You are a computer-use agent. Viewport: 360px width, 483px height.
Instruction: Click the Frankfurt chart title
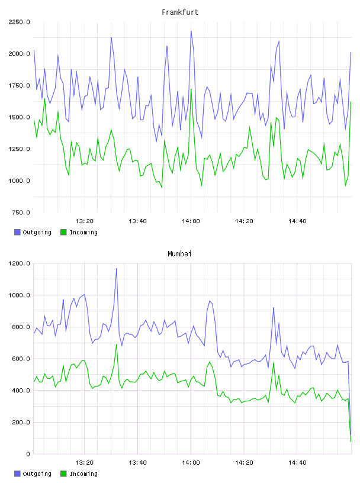click(180, 12)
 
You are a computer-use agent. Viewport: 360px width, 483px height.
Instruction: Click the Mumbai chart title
click(179, 254)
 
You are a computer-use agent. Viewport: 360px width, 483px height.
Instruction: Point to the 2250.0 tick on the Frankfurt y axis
click(20, 22)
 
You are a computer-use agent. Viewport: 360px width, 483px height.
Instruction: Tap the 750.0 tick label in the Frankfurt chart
click(21, 212)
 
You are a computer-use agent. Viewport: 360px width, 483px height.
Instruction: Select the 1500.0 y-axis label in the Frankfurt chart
click(20, 117)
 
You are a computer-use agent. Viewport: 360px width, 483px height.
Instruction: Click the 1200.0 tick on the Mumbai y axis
click(20, 263)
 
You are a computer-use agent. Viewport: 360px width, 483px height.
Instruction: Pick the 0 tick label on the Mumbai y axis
click(28, 454)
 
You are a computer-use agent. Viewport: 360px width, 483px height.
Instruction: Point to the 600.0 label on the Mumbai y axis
click(21, 359)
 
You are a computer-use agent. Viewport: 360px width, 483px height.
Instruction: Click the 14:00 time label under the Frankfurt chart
click(191, 221)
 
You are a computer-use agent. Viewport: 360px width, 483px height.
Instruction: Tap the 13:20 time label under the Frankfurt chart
click(85, 221)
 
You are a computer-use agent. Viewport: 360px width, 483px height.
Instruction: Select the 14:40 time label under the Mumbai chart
click(297, 463)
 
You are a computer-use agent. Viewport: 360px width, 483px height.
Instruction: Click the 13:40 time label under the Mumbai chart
click(137, 463)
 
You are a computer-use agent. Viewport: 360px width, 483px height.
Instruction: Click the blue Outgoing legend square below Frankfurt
click(17, 232)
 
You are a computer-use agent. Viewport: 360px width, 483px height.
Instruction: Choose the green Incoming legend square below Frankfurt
click(63, 232)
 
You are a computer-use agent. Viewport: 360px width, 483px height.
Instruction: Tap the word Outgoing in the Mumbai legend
click(37, 474)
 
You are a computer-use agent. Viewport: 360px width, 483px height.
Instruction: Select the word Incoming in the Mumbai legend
click(83, 474)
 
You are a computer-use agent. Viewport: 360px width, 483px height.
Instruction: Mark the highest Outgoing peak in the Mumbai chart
click(117, 268)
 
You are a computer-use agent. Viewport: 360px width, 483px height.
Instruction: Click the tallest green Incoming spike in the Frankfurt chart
click(191, 89)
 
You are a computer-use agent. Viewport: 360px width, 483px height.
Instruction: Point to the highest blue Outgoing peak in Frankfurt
click(191, 31)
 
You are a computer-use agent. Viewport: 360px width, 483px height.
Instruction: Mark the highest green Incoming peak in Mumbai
click(117, 344)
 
